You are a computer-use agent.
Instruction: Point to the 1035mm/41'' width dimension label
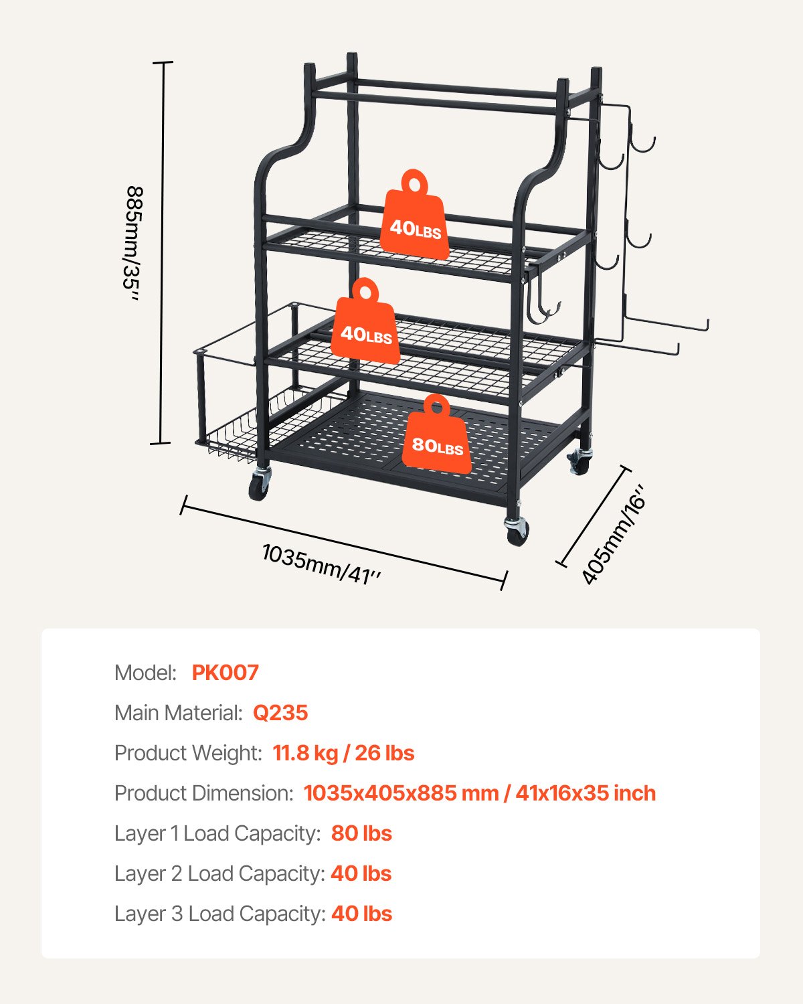(x=322, y=564)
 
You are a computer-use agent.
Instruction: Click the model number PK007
(x=225, y=673)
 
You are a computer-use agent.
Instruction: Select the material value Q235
(x=280, y=713)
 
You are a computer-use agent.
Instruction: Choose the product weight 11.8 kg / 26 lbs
(x=343, y=753)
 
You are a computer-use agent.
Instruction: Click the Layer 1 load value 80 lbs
(x=361, y=833)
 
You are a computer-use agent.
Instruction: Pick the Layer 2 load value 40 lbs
(x=361, y=873)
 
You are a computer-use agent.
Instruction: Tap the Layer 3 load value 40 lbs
(x=361, y=914)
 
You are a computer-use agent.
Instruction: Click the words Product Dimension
(x=203, y=793)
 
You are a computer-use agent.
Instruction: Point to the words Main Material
(x=178, y=713)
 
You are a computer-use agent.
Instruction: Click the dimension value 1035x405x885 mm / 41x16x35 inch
(x=479, y=793)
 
